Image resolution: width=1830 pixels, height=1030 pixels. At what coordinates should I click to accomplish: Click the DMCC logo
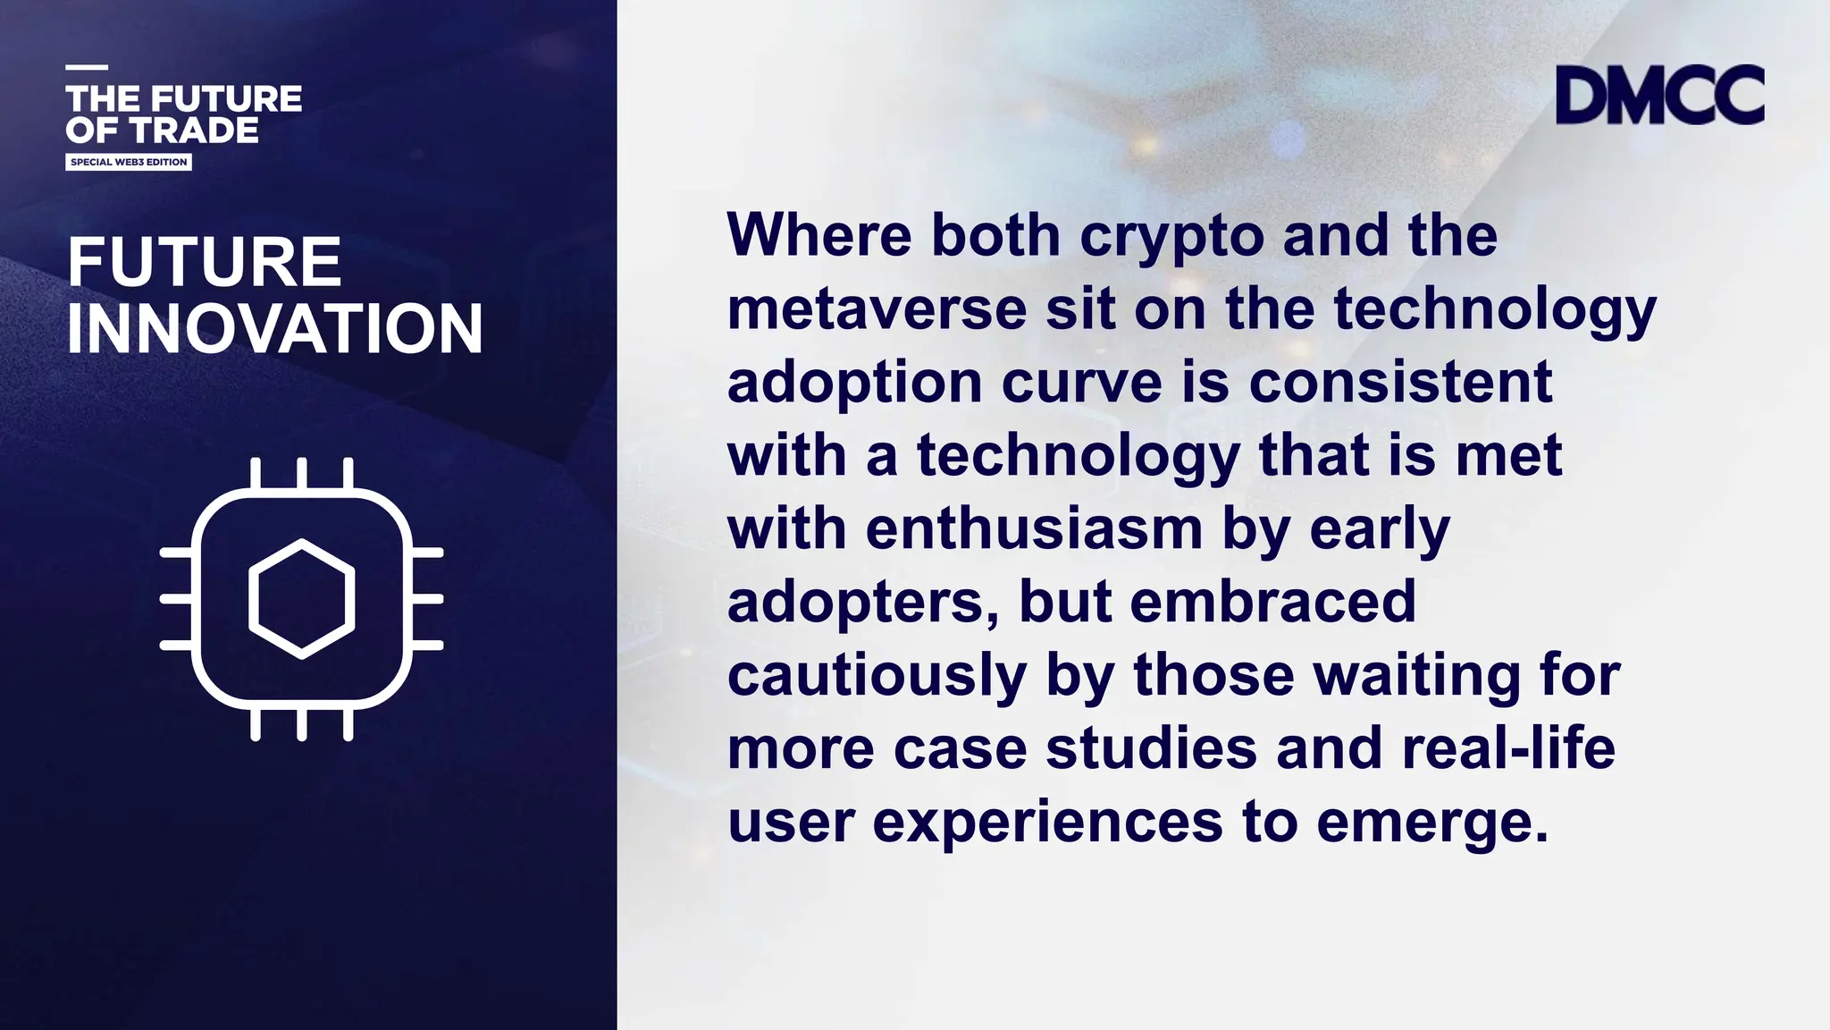point(1659,95)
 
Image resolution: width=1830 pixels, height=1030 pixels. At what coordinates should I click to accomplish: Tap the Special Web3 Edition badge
point(129,162)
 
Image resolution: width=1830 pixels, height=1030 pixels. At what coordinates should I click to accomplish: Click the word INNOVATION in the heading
point(275,328)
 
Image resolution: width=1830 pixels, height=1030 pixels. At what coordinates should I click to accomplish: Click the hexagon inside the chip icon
point(302,599)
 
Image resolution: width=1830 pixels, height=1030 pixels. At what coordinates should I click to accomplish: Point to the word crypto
point(1171,235)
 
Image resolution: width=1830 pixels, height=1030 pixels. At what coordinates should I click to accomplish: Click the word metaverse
point(877,308)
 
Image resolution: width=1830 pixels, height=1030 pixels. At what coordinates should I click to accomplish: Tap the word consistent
point(1400,382)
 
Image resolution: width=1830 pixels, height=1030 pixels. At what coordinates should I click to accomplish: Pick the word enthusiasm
point(1034,528)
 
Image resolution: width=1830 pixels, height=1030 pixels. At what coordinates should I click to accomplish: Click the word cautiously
point(877,675)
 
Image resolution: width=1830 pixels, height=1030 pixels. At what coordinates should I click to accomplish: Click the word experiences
point(1047,822)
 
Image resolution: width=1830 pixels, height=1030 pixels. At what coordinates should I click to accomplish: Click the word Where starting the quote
point(819,235)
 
